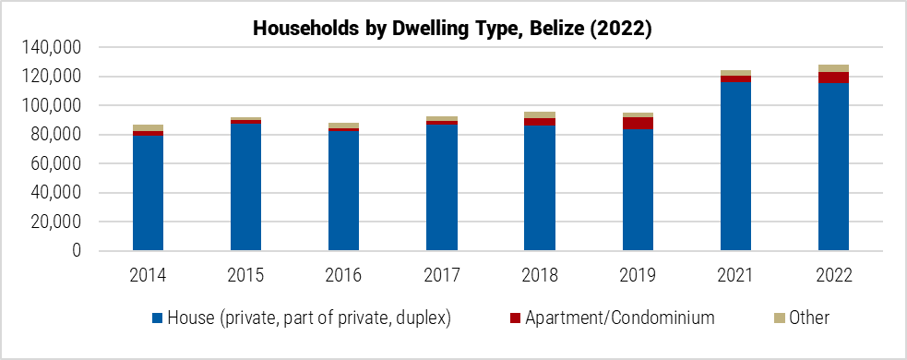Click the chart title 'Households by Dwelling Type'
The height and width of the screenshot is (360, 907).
[x=453, y=29]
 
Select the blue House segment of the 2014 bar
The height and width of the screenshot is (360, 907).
[x=148, y=194]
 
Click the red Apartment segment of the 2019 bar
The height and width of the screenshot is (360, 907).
[x=638, y=123]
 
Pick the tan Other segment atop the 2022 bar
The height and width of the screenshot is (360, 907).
[x=833, y=68]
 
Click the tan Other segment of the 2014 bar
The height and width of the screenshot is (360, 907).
[x=148, y=127]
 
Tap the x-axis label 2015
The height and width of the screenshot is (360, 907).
[x=245, y=275]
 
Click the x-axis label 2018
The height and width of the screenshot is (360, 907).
[x=540, y=275]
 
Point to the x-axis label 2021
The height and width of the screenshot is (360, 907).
[x=735, y=275]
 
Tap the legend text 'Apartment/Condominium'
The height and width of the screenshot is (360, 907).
[x=620, y=318]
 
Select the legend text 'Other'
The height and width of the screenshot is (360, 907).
[x=808, y=318]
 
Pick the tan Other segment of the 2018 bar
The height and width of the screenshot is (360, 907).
[x=540, y=114]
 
